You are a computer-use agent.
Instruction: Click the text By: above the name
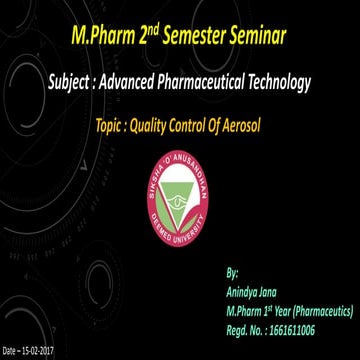click(x=233, y=271)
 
